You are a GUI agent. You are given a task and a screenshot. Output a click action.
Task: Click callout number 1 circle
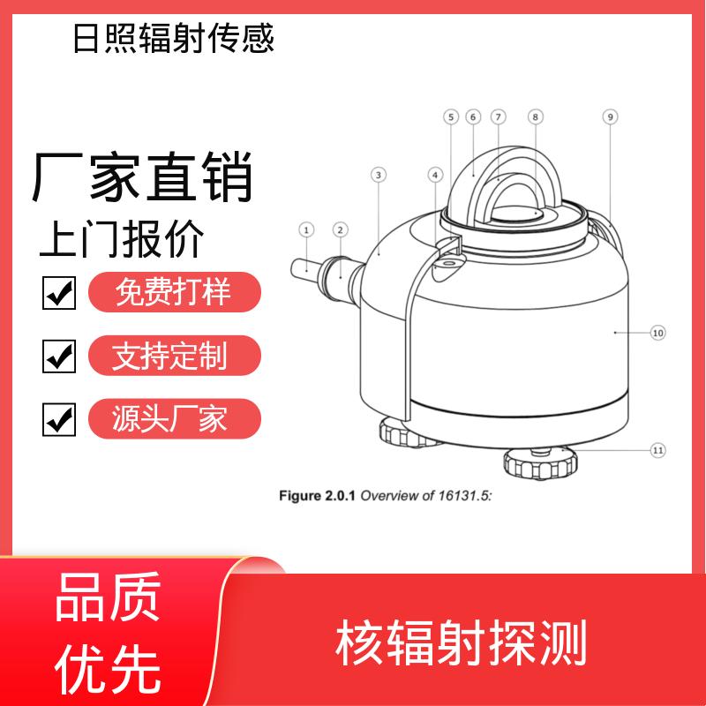point(306,230)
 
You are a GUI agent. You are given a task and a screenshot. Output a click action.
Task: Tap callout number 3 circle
point(379,175)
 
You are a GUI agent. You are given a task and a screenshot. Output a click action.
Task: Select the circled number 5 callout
point(451,117)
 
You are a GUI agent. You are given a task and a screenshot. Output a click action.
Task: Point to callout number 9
point(610,117)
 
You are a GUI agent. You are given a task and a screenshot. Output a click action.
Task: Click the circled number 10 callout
point(657,333)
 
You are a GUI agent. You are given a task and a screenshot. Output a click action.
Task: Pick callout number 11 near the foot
point(657,450)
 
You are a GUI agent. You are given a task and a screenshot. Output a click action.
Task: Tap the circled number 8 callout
point(536,117)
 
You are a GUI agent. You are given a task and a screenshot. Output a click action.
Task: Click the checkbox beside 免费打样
point(59,293)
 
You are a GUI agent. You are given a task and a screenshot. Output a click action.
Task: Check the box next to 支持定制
point(59,357)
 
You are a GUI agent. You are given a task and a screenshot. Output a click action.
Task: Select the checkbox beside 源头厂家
point(59,419)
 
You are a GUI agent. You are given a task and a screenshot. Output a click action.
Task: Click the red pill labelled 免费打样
point(175,292)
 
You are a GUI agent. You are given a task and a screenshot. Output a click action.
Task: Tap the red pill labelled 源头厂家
point(175,418)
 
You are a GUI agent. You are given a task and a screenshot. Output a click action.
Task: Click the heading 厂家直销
point(142,177)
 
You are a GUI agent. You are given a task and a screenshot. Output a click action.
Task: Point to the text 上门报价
point(122,238)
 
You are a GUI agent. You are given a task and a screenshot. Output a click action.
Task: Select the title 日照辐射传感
point(174,38)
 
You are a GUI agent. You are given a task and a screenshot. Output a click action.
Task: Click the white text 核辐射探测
point(461,642)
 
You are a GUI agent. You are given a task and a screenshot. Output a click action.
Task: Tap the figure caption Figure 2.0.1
point(317,496)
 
